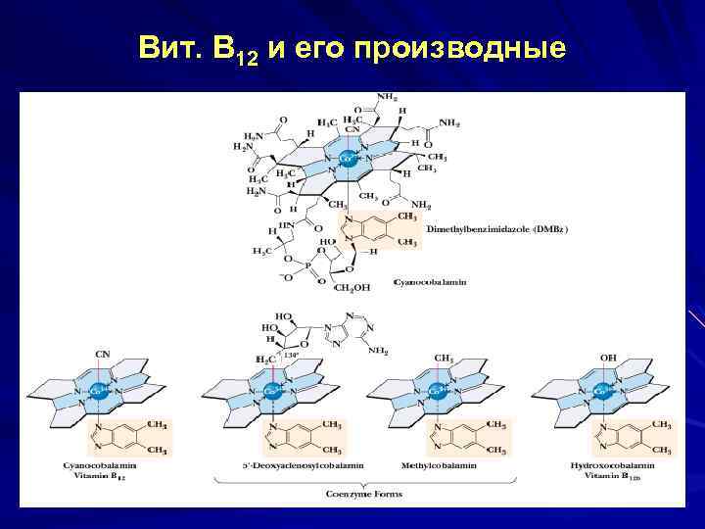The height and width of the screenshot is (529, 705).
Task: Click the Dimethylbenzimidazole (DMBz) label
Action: pos(496,228)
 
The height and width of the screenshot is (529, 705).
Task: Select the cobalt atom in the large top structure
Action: pos(347,156)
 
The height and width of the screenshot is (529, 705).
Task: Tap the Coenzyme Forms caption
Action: pos(364,495)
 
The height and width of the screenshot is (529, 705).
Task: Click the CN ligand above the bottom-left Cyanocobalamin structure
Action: pos(101,353)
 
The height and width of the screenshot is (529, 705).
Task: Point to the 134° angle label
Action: pos(291,354)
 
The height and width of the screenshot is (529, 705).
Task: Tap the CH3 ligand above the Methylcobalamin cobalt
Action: pos(444,359)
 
